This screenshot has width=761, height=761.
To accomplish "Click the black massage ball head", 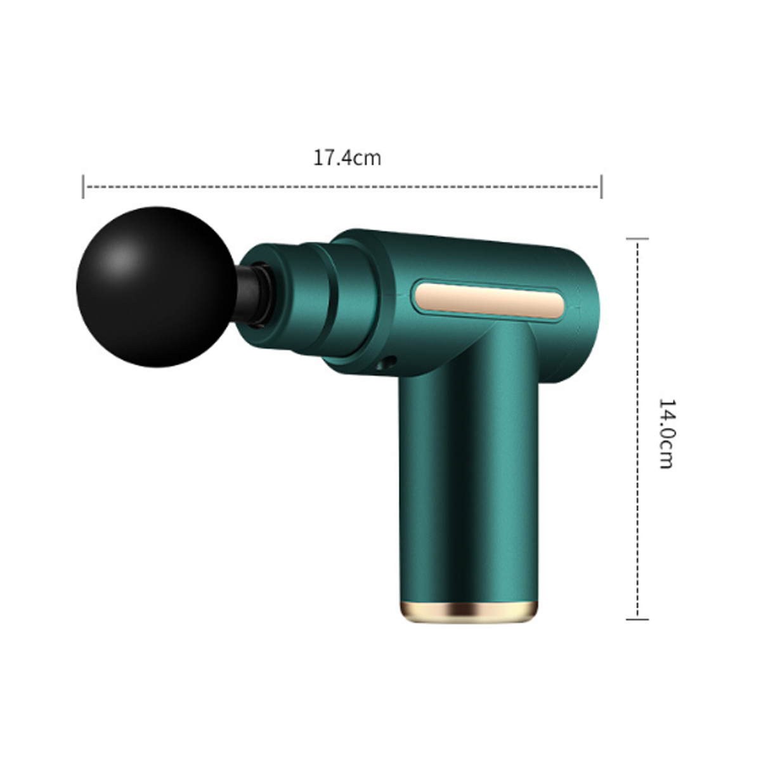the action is click(x=157, y=287).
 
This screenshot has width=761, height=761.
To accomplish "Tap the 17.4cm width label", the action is click(x=347, y=158).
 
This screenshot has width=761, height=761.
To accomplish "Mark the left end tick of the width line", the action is click(x=83, y=186).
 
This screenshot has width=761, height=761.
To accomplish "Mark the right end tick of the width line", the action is click(x=601, y=186).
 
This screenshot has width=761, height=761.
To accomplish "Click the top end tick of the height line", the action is click(x=637, y=238).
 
